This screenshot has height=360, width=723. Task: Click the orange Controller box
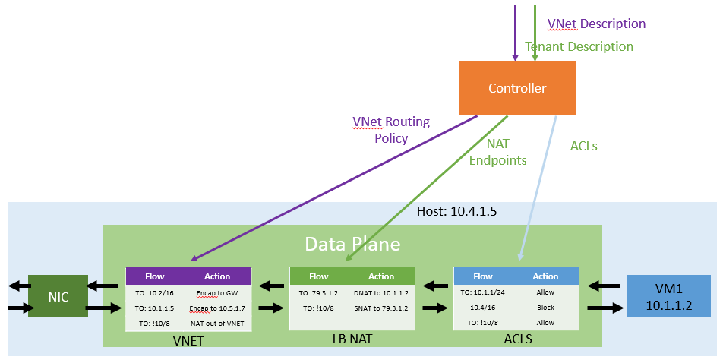pos(517,87)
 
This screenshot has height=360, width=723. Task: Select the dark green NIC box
pos(58,296)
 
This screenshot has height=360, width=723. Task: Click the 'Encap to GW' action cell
pos(216,292)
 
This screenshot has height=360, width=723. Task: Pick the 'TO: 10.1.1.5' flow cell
pos(155,308)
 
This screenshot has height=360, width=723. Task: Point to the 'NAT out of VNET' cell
pos(216,323)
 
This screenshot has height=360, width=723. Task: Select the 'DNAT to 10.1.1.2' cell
pos(381,292)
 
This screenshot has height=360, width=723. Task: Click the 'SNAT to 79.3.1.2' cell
pos(381,308)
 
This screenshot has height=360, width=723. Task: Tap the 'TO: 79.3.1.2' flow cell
pos(319,292)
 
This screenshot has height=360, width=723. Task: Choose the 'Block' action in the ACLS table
pos(545,308)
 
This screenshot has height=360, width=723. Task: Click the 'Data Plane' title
pos(352,244)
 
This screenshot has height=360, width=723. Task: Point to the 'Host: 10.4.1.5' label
pos(457,212)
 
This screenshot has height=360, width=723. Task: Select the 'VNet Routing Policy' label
pos(391,130)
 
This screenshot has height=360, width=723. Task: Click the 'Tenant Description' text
pos(579,46)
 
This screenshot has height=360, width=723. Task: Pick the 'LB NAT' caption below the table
pos(352,339)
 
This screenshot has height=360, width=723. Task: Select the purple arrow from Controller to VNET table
pos(334,188)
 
